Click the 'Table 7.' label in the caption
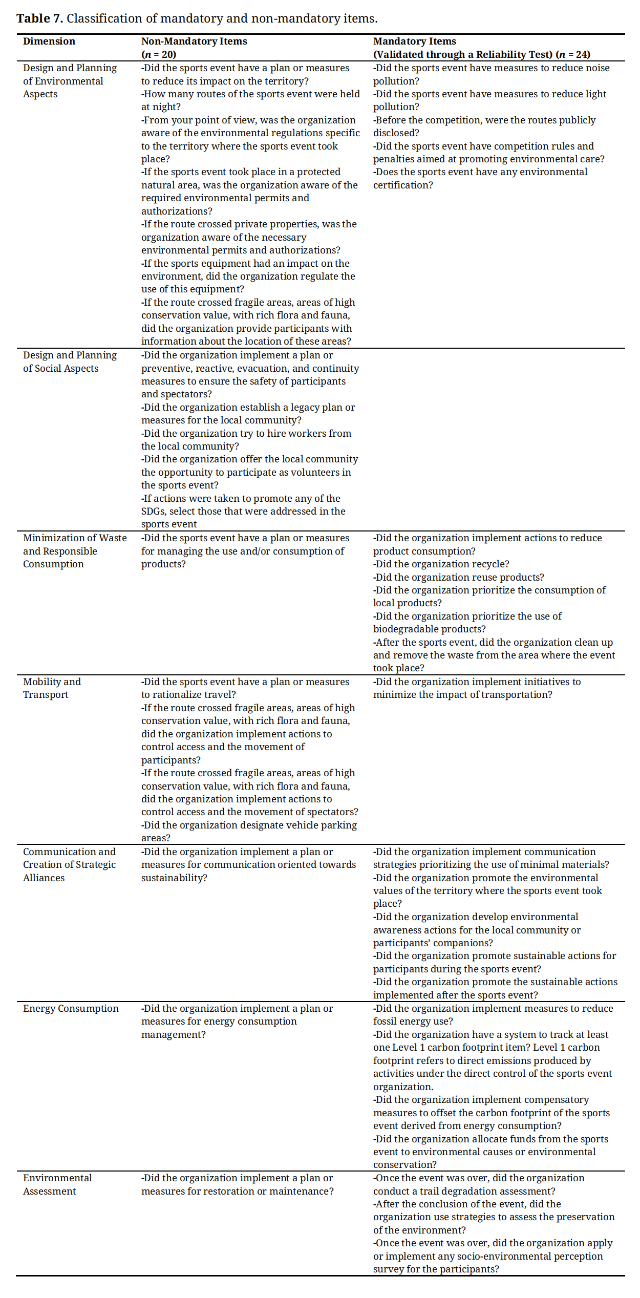[x=39, y=18]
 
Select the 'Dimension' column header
[x=49, y=41]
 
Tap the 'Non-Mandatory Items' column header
[x=194, y=41]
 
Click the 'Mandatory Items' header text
[x=414, y=41]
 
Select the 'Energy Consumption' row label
[x=71, y=1008]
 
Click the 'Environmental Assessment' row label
[x=57, y=1184]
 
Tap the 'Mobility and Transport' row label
[x=52, y=688]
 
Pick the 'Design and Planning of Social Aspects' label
[x=70, y=361]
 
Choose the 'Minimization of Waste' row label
[x=75, y=538]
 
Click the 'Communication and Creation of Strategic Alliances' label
[x=69, y=864]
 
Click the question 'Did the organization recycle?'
[x=442, y=564]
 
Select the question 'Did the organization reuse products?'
[x=459, y=577]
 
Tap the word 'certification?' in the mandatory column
[x=403, y=185]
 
